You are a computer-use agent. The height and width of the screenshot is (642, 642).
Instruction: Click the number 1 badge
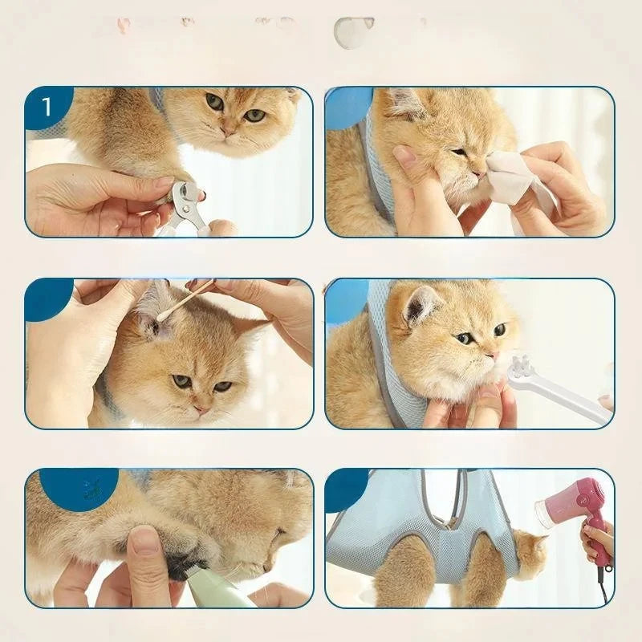[46, 106]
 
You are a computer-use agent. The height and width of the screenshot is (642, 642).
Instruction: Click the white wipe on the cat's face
[514, 181]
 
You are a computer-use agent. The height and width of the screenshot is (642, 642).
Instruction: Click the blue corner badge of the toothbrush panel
[345, 299]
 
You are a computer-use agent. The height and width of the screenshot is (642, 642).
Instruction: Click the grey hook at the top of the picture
[353, 32]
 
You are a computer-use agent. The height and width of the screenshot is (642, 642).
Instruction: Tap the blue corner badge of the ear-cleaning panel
[47, 297]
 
